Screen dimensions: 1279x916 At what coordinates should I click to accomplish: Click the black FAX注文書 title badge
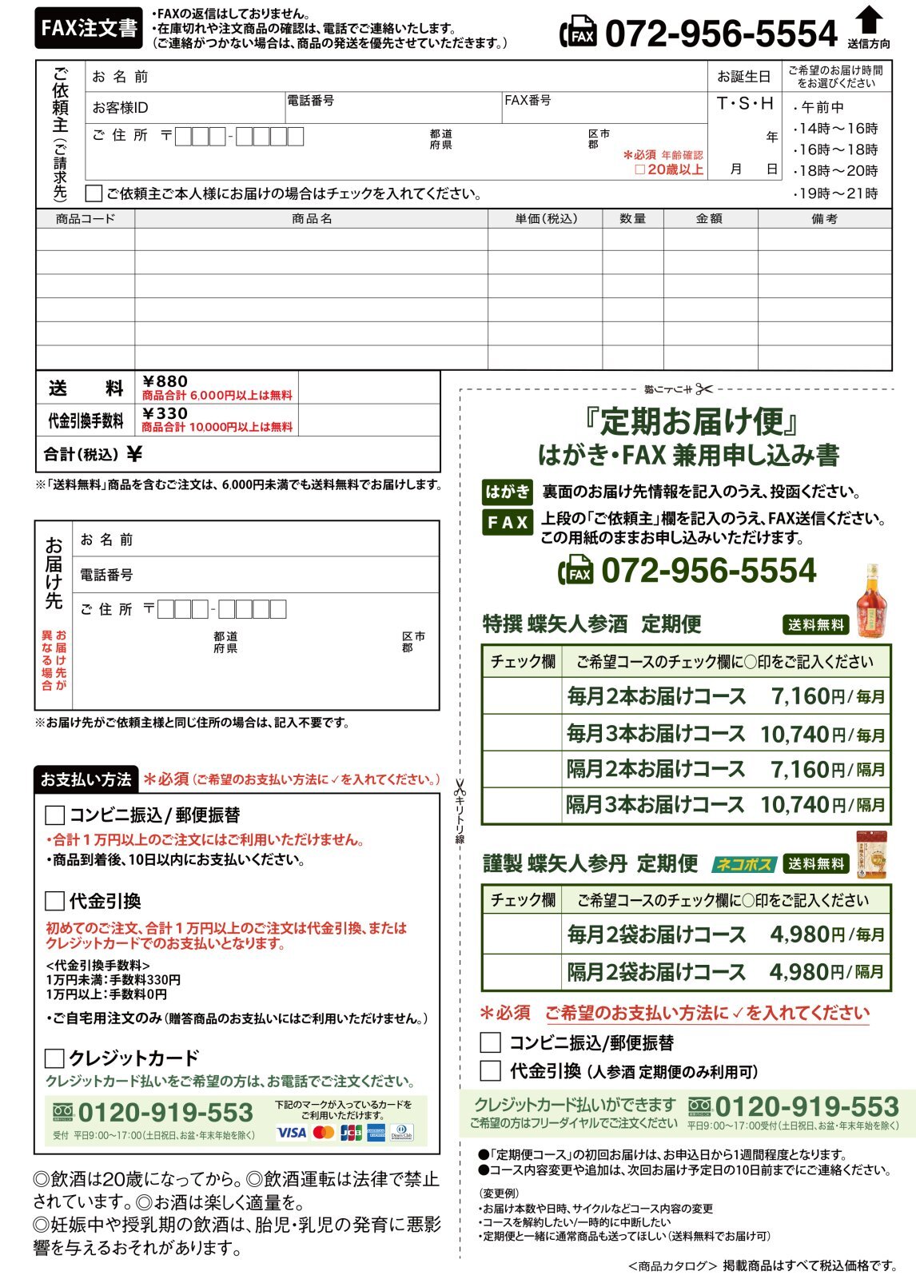89,29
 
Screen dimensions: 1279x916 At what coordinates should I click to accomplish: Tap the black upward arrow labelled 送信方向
868,20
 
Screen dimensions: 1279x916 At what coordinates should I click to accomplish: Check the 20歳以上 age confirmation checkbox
639,169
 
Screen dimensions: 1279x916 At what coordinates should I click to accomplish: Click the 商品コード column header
86,218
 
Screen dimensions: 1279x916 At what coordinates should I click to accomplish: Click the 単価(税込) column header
545,218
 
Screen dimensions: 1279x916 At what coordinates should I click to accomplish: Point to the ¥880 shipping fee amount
165,381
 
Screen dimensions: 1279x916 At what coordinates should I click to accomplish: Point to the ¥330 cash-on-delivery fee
165,413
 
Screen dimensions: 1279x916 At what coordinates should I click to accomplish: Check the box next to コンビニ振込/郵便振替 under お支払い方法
54,815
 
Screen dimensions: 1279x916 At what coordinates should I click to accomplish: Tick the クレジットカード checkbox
54,1058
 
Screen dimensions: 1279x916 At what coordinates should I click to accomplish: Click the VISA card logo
291,1133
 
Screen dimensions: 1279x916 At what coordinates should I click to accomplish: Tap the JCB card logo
351,1133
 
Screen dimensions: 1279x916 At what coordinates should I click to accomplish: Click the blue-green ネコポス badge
743,864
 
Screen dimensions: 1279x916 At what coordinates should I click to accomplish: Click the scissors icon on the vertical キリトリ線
460,788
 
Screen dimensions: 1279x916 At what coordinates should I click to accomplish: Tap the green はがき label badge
508,491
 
